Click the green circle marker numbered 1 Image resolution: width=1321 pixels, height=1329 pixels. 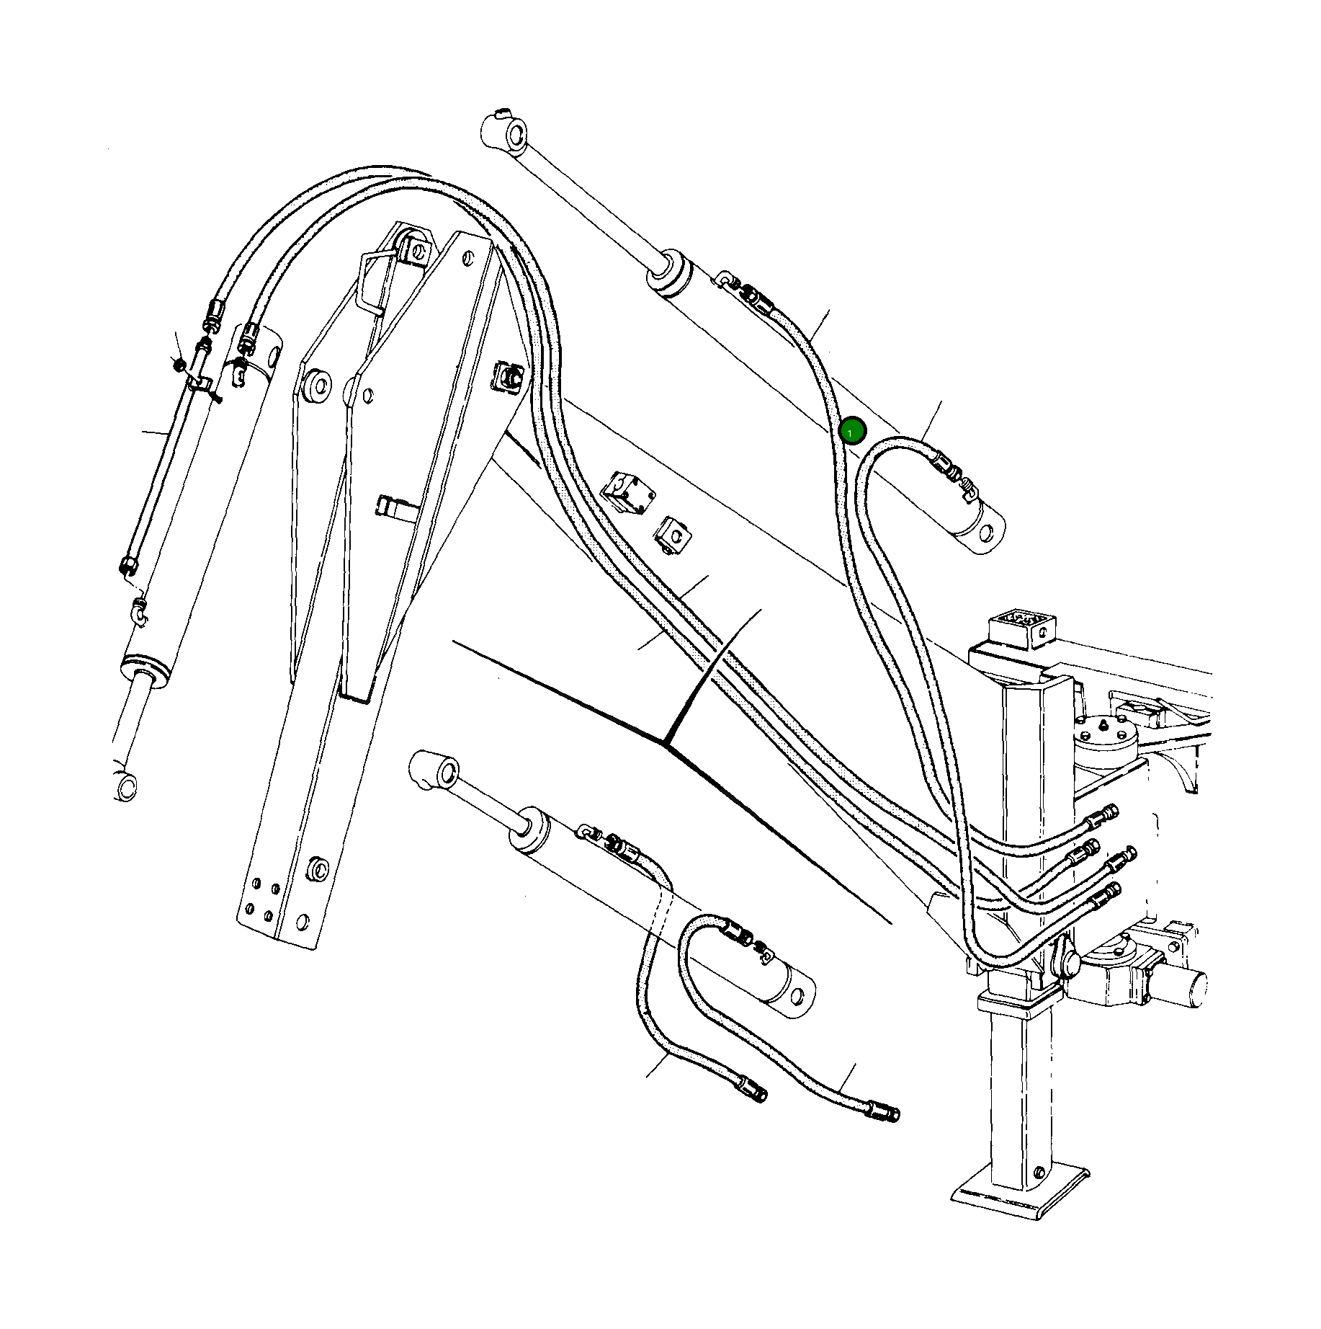coord(851,432)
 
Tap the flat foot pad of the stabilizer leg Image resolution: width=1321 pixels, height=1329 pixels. coord(1021,1200)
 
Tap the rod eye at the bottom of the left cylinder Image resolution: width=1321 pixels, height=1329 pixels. coord(127,785)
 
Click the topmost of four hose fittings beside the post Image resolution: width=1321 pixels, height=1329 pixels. coord(1103,815)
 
